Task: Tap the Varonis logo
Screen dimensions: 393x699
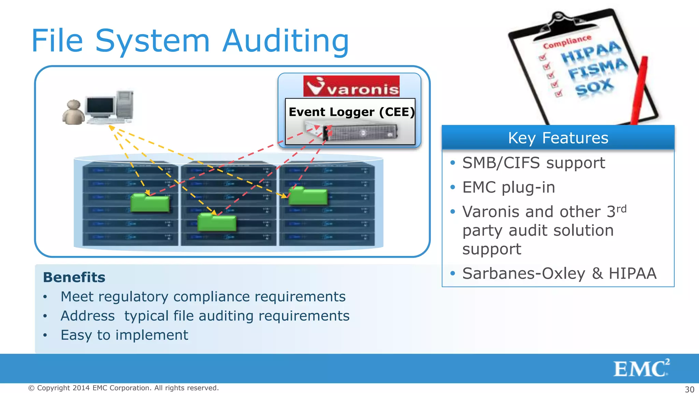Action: [x=351, y=86]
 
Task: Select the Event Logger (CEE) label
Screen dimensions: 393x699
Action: [x=351, y=112]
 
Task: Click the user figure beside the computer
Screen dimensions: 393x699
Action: [x=73, y=113]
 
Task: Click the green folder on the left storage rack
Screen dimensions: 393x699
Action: [x=150, y=203]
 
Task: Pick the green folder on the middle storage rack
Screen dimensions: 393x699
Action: [x=217, y=222]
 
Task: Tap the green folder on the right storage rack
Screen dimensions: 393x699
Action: [x=308, y=196]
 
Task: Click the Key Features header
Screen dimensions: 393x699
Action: [x=558, y=138]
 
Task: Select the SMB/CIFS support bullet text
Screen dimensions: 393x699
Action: [x=533, y=163]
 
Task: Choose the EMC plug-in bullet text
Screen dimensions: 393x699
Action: [x=509, y=187]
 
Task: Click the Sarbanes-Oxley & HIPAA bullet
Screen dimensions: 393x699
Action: [x=559, y=273]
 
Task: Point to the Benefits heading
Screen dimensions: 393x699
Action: [x=74, y=277]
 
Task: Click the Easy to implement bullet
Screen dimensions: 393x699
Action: [x=124, y=335]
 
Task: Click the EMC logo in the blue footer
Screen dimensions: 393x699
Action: [x=641, y=368]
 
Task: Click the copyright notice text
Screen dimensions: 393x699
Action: [x=123, y=388]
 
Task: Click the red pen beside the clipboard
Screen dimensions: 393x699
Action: [x=639, y=90]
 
